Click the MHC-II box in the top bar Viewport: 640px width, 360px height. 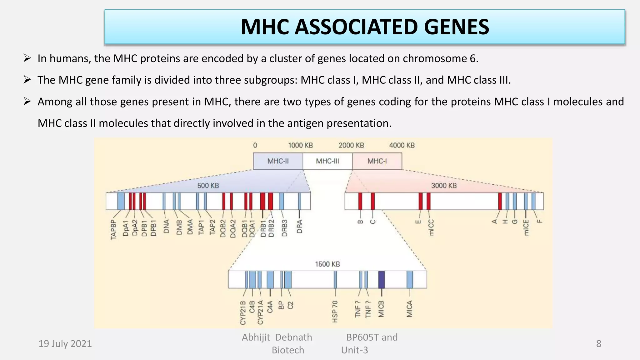(x=278, y=161)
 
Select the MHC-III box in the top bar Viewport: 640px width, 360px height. (x=327, y=161)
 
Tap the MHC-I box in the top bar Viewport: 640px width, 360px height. (x=377, y=161)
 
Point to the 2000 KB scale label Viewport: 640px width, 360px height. (x=351, y=145)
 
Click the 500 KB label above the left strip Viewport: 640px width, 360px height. (x=208, y=186)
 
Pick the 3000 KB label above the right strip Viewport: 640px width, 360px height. (x=444, y=186)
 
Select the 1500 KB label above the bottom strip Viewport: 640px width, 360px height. (x=327, y=264)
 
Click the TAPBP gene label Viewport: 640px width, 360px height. (x=113, y=230)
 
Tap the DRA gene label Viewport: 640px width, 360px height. (x=299, y=227)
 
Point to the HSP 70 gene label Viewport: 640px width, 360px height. (x=335, y=312)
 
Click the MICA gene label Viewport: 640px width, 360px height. (x=410, y=309)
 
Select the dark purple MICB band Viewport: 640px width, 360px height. (x=382, y=279)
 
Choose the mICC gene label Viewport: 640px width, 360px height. (x=431, y=227)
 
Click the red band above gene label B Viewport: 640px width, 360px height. (x=360, y=201)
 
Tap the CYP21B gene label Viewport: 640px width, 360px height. (x=243, y=313)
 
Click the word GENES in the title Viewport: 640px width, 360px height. (x=456, y=27)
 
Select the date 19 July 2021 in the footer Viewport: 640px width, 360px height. (x=65, y=344)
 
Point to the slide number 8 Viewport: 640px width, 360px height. (x=598, y=344)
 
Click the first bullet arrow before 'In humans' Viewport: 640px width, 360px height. (x=27, y=58)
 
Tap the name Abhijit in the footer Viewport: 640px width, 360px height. (x=256, y=337)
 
